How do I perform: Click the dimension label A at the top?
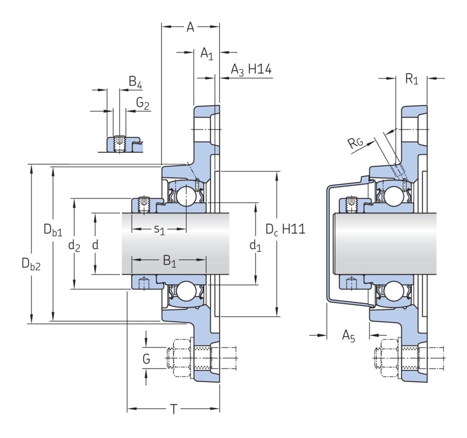190,27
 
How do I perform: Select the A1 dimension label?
206,53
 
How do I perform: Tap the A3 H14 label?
252,70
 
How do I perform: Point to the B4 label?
135,83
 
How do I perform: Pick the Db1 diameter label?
53,231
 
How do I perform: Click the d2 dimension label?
74,245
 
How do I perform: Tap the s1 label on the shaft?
159,229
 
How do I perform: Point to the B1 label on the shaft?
169,261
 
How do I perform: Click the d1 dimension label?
255,245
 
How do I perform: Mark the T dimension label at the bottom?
173,409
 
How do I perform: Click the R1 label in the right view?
412,80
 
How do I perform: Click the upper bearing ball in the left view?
186,196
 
